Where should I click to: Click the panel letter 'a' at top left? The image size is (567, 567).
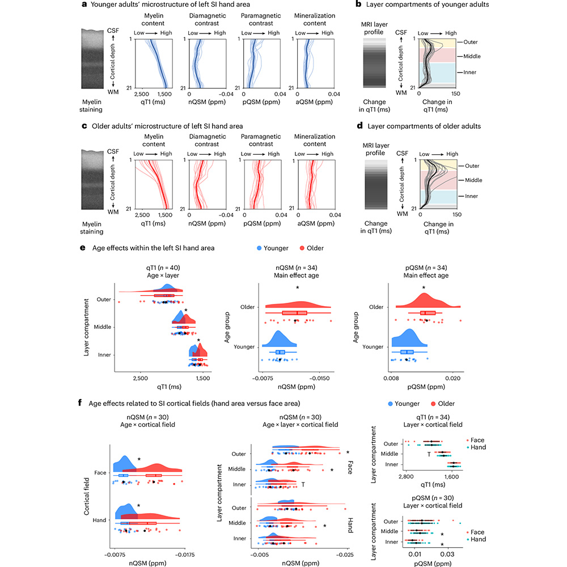(84, 6)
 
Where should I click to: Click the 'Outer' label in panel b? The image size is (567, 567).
(470, 41)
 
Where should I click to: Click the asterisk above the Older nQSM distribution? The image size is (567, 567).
(298, 288)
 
